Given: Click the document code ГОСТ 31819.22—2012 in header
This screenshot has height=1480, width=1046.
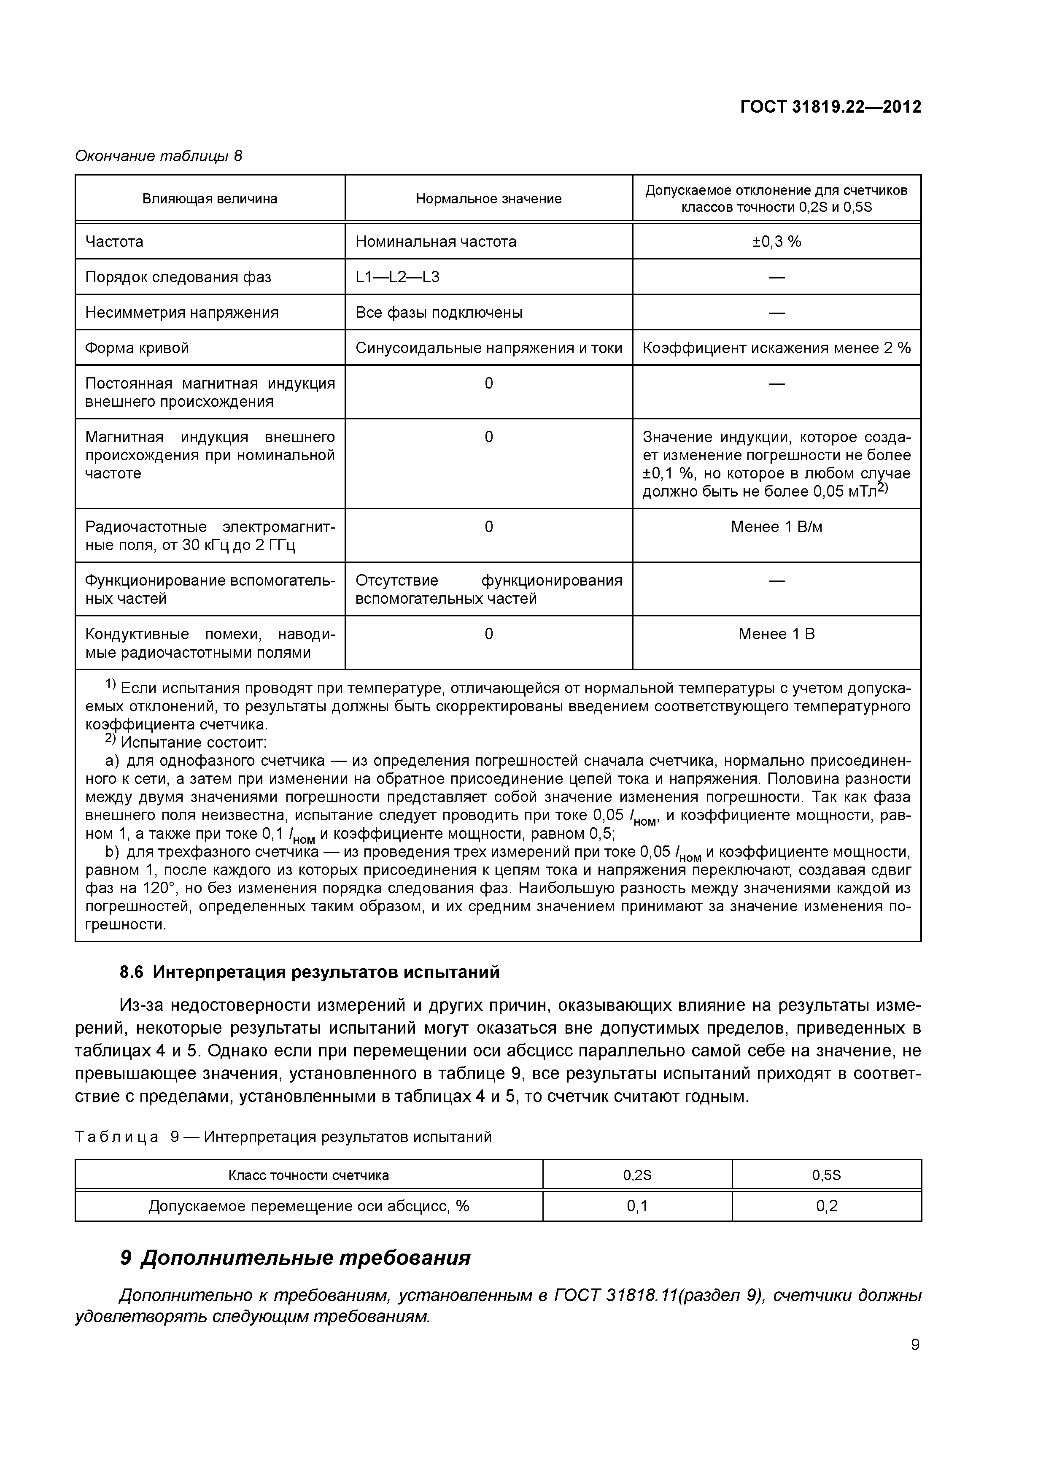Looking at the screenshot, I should (x=830, y=107).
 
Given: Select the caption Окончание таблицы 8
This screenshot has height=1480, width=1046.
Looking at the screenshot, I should (x=159, y=156).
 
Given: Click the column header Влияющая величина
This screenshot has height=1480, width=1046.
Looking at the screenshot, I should (x=210, y=199).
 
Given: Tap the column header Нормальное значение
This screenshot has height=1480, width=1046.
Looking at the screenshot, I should (x=488, y=199).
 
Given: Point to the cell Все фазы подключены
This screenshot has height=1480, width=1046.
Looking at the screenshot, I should (x=439, y=313).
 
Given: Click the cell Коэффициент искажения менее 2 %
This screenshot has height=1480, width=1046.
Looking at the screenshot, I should (x=776, y=348).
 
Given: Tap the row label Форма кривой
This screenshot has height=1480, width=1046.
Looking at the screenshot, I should (x=137, y=348).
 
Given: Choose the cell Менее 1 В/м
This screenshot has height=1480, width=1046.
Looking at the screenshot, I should (x=776, y=527).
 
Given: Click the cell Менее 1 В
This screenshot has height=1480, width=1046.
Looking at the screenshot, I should (x=776, y=634).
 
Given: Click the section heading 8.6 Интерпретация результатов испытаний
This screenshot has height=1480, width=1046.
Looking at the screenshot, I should (x=309, y=972).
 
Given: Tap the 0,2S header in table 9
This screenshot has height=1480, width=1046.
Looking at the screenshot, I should (x=637, y=1175).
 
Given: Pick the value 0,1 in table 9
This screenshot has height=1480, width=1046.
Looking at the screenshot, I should (x=637, y=1205).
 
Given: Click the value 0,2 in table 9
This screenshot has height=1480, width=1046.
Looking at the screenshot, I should (x=826, y=1205).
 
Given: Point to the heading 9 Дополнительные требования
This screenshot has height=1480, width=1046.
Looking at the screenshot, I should (x=295, y=1258).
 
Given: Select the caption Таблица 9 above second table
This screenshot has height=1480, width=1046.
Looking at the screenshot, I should (x=283, y=1137).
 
